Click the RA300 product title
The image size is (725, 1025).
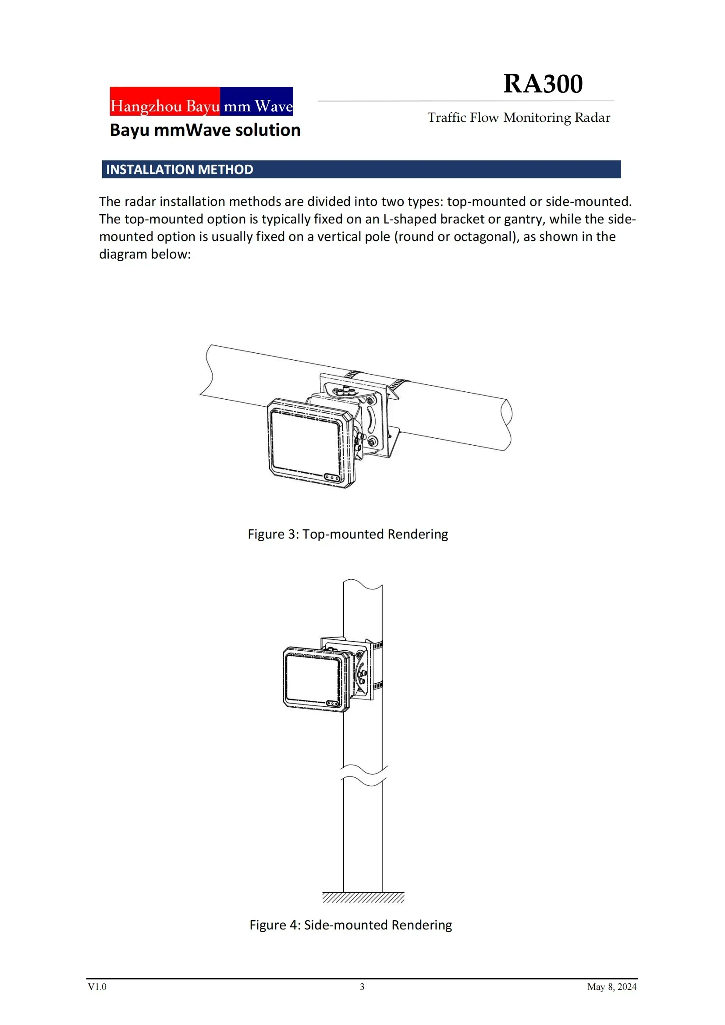[x=543, y=84]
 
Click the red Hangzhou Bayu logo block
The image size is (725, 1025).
[x=165, y=101]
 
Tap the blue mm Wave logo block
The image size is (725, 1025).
[x=257, y=101]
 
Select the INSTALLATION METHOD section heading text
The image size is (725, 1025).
[x=179, y=170]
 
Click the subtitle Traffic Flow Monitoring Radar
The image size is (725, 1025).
[x=519, y=117]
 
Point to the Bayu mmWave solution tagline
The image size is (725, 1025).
[x=205, y=130]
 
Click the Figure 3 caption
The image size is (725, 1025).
[x=348, y=534]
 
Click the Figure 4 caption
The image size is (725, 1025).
[x=351, y=925]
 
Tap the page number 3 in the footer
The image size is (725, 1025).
[x=362, y=986]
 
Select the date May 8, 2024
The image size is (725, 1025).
[x=611, y=986]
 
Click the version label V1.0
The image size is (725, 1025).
[x=97, y=986]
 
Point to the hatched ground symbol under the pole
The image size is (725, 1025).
[x=363, y=897]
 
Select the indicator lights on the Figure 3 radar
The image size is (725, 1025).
[x=332, y=478]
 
